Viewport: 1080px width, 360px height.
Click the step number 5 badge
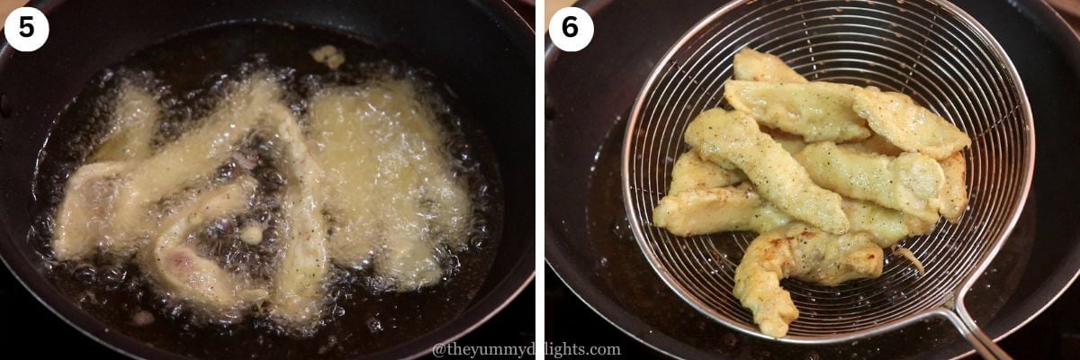[x=26, y=29]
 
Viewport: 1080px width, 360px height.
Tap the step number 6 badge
[x=571, y=29]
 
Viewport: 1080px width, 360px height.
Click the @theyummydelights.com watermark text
[x=526, y=349]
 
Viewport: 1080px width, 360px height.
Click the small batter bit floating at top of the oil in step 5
[x=328, y=57]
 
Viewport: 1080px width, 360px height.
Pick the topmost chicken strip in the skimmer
[x=765, y=68]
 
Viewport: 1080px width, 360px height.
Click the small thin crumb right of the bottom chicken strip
[x=909, y=260]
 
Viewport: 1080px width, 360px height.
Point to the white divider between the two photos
[x=540, y=180]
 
